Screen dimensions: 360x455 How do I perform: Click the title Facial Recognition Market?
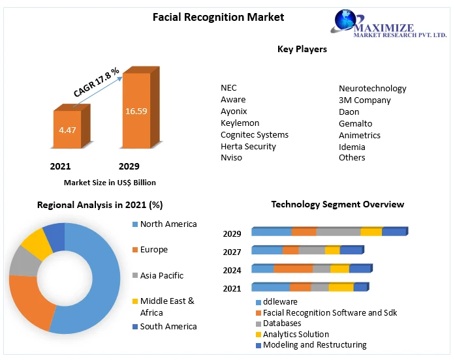218,17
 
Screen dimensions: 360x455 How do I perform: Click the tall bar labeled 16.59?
136,110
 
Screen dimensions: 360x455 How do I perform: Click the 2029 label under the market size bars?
129,166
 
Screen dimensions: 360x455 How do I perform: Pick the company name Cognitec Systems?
254,135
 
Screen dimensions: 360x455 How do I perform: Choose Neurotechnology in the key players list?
372,89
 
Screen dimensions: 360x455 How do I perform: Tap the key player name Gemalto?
355,124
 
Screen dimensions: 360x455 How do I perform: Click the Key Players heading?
302,49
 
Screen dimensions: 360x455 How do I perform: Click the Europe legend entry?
153,250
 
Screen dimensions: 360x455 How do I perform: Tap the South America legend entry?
168,327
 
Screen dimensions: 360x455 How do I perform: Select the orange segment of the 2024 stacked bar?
293,269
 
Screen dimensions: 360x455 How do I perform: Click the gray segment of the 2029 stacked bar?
338,232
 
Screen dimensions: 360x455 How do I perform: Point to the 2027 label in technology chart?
232,252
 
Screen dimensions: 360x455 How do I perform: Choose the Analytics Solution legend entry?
296,335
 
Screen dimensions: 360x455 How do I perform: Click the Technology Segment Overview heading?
337,205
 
